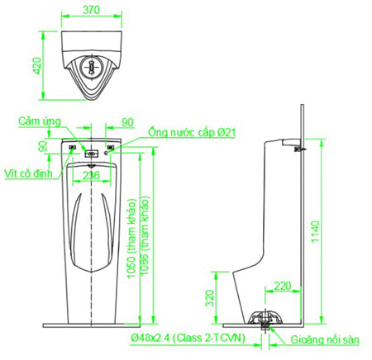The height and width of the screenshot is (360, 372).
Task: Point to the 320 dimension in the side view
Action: [x=210, y=298]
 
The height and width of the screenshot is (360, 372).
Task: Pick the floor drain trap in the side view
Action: [x=265, y=319]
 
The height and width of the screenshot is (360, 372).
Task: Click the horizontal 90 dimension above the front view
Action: [x=126, y=122]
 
